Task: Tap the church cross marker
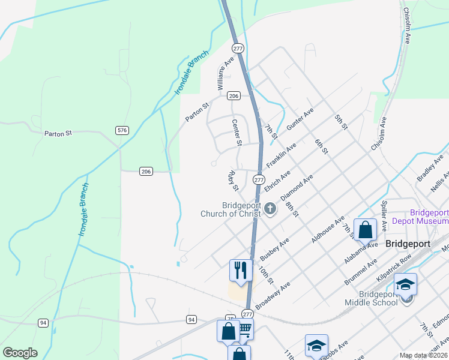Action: point(270,209)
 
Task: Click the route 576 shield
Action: point(122,130)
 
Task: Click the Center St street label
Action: point(236,132)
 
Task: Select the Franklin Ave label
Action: point(281,154)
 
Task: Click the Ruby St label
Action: point(232,181)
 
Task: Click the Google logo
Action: point(20,353)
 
